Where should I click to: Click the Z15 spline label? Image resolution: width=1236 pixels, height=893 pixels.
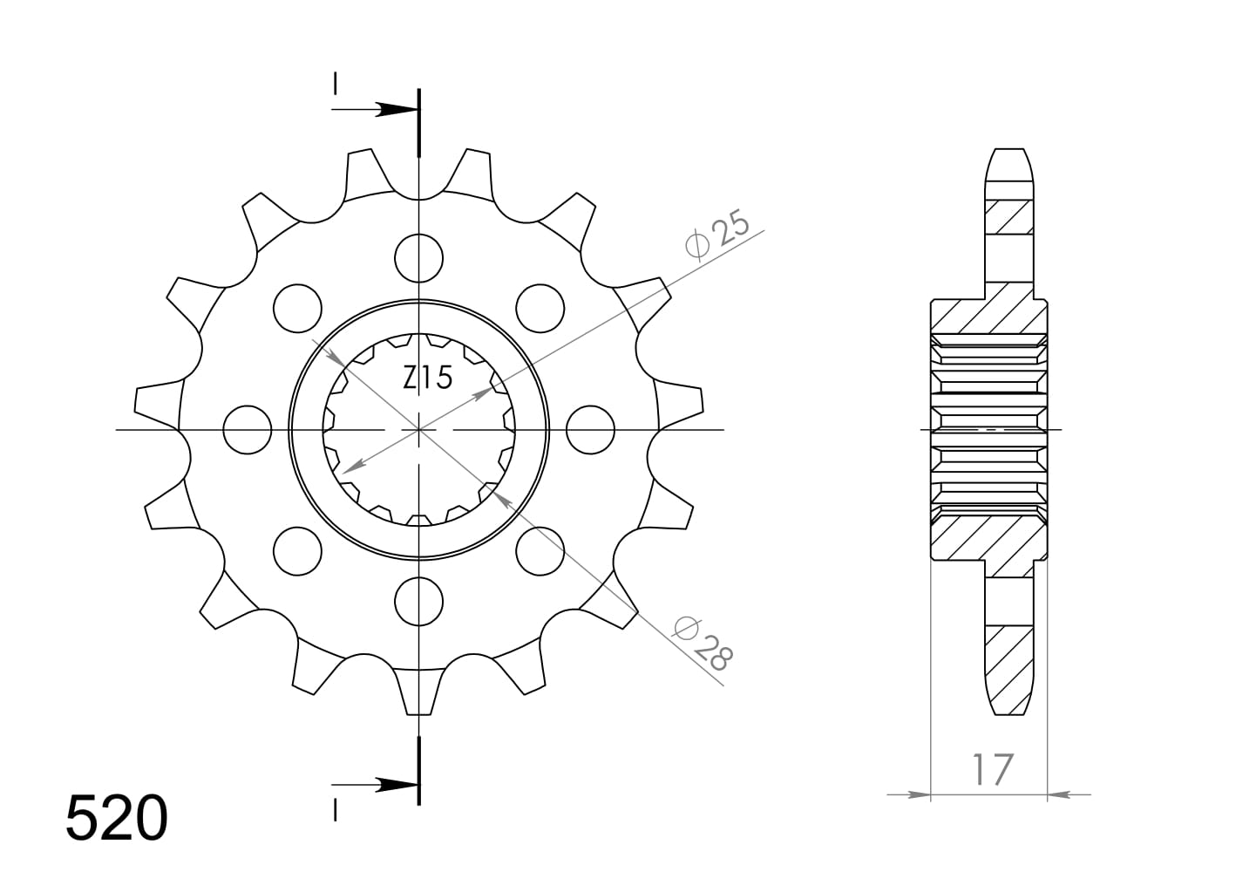427,378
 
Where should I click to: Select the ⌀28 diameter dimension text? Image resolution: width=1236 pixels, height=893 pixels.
704,643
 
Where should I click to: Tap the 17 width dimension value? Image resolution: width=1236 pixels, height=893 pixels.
993,769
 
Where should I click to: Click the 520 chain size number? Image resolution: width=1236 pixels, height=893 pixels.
116,819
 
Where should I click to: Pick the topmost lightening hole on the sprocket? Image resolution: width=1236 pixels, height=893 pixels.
418,258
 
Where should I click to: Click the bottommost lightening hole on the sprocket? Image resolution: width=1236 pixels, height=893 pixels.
418,601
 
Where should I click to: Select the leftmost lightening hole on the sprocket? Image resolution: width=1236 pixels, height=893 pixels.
248,430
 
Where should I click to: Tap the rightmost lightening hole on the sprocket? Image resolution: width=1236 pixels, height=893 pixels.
590,430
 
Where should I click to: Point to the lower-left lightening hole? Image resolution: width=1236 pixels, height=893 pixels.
297,551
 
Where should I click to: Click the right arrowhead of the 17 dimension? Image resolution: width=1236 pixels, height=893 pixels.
1058,794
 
